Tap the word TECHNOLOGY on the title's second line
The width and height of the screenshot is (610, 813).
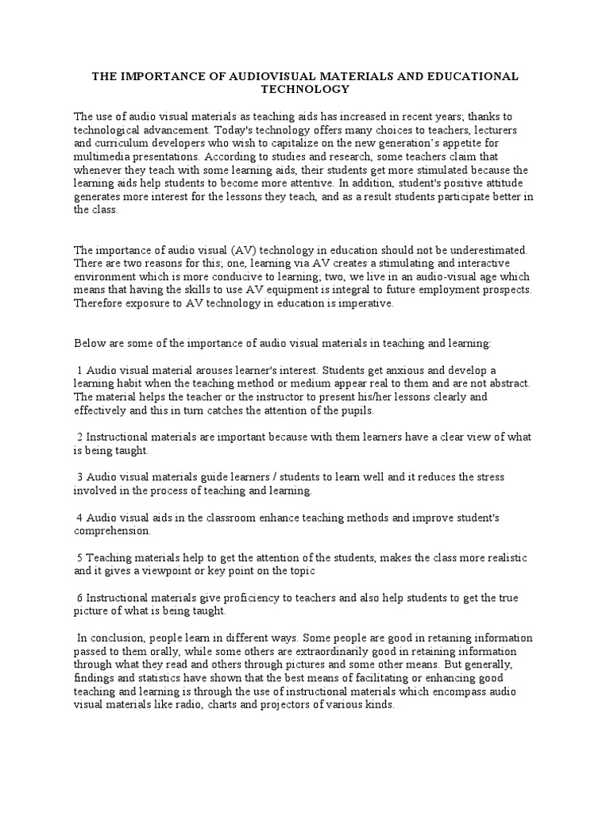click(x=305, y=89)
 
